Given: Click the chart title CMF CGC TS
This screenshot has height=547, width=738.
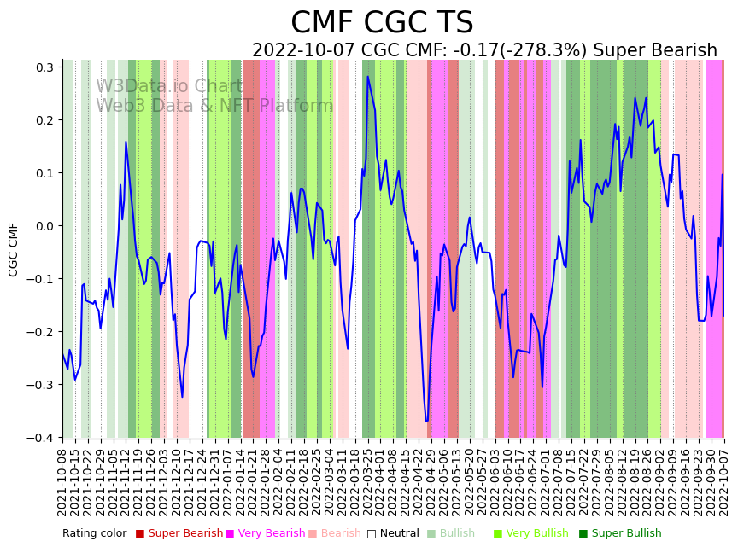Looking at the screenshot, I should [382, 23].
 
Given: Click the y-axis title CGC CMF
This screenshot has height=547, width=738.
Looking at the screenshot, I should [14, 249].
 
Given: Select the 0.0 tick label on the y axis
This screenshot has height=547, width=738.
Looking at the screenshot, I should [46, 226].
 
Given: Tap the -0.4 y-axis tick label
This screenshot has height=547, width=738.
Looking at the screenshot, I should [43, 438].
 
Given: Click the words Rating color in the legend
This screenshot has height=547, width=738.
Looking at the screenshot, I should [94, 533].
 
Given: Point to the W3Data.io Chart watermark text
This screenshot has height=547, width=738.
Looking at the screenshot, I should [169, 86].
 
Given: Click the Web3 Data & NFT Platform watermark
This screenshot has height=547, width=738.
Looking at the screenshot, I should [214, 106].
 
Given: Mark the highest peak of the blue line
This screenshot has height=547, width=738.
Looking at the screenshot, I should [368, 77].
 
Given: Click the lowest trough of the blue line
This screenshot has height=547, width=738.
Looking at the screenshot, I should [426, 422].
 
